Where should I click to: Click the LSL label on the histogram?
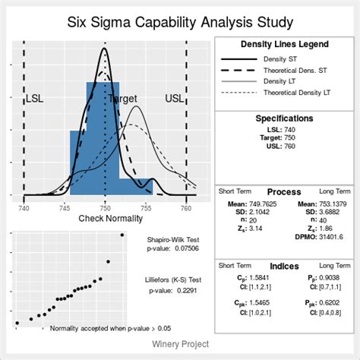pyautogui.click(x=35, y=99)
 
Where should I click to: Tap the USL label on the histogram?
pyautogui.click(x=174, y=99)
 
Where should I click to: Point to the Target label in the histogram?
pyautogui.click(x=124, y=99)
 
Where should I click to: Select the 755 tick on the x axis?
pyautogui.click(x=146, y=208)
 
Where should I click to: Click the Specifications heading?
pyautogui.click(x=284, y=118)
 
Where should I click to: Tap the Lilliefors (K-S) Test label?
pyautogui.click(x=174, y=279)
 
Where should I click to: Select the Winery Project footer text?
pyautogui.click(x=179, y=344)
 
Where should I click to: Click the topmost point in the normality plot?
pyautogui.click(x=122, y=235)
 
